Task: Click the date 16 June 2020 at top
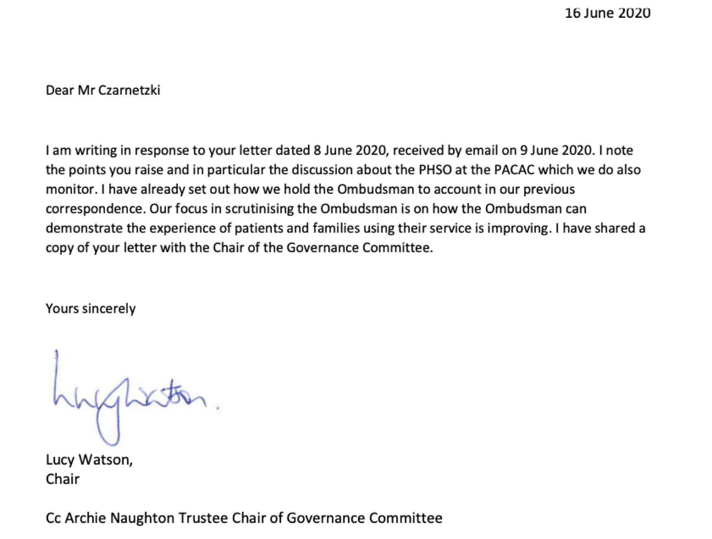coord(607,13)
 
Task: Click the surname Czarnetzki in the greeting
coord(129,90)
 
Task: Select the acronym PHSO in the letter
coord(435,170)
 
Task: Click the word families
coord(336,228)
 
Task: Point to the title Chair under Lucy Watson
coord(63,479)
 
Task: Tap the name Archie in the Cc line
coord(85,518)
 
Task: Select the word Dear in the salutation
coord(59,90)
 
